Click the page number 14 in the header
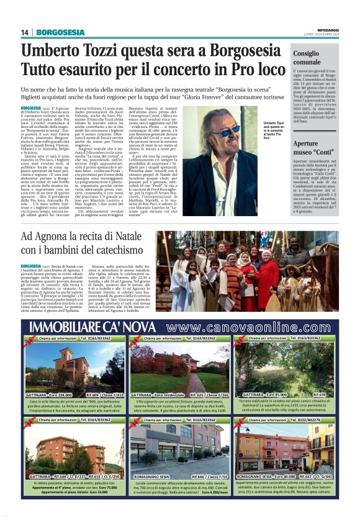[25, 32]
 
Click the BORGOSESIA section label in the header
[60, 32]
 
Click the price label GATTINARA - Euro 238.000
[53, 394]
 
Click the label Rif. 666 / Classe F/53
[206, 476]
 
